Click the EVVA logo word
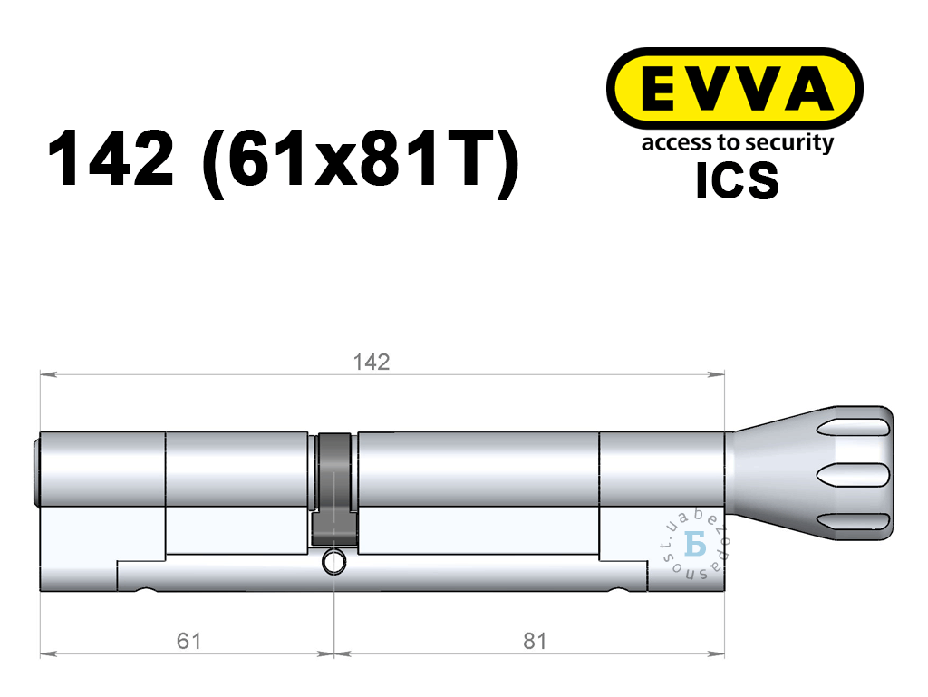[x=736, y=89]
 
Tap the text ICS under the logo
[x=737, y=180]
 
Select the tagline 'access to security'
[x=738, y=143]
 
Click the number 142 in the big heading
[x=111, y=159]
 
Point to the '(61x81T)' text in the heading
[x=361, y=160]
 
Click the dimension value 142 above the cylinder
[x=371, y=362]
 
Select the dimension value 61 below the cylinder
[x=188, y=641]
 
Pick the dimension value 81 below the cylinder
[x=535, y=641]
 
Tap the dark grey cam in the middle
[x=335, y=490]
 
